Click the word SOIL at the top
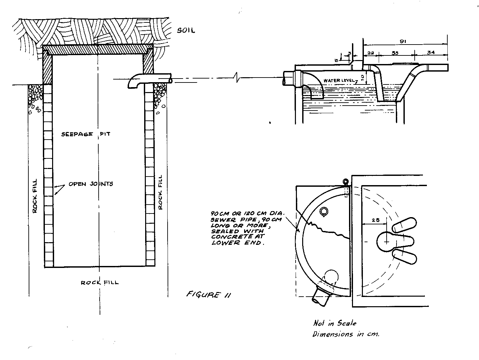pyautogui.click(x=186, y=31)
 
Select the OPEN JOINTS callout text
pyautogui.click(x=91, y=183)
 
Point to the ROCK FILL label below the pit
pyautogui.click(x=100, y=282)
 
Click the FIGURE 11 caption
pyautogui.click(x=208, y=295)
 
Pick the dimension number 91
pyautogui.click(x=403, y=41)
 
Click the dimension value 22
pyautogui.click(x=370, y=53)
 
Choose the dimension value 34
pyautogui.click(x=431, y=52)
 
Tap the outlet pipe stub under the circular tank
pyautogui.click(x=321, y=296)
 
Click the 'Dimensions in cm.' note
pyautogui.click(x=346, y=334)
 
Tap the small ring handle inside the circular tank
pyautogui.click(x=324, y=211)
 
